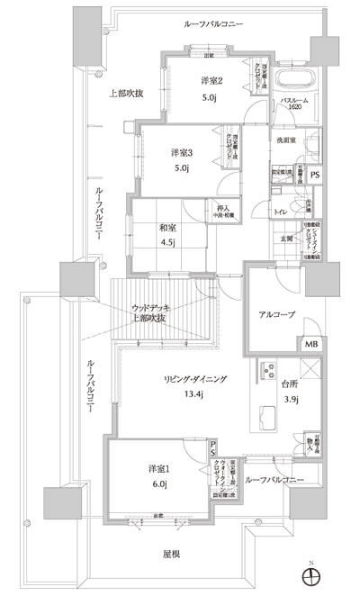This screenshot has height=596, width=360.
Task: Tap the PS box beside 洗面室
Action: [x=314, y=176]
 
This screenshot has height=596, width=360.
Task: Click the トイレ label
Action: [x=281, y=212]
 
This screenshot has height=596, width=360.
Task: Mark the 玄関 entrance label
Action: [x=285, y=239]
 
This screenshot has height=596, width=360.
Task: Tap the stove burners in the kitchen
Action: [x=267, y=369]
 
